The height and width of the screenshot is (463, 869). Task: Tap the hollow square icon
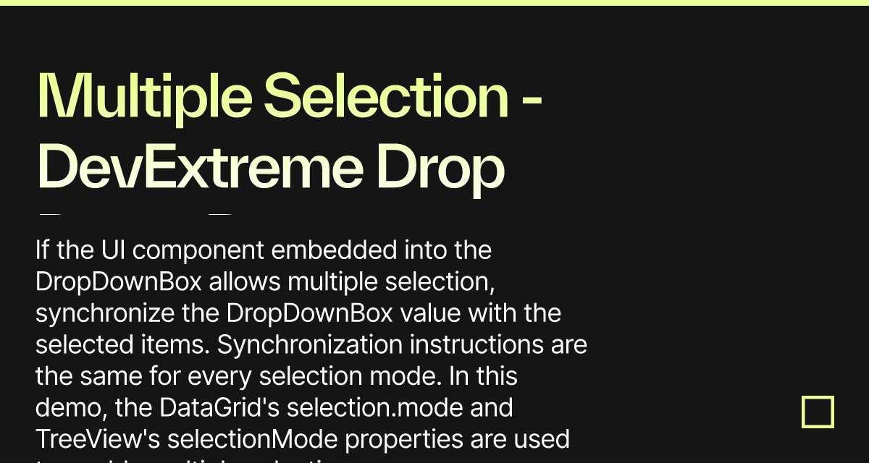click(818, 412)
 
